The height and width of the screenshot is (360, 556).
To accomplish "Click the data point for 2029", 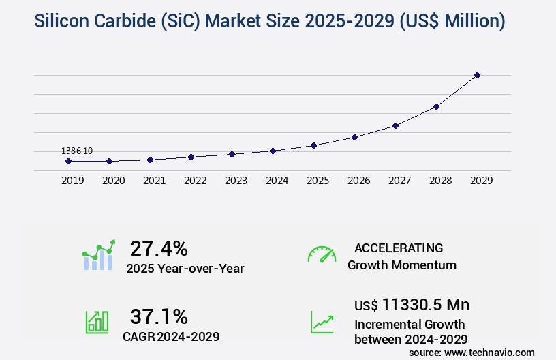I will (477, 75).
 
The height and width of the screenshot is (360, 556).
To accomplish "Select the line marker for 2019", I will (68, 161).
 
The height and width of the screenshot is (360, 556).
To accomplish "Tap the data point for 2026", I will (354, 137).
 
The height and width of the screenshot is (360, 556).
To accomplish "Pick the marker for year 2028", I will (436, 106).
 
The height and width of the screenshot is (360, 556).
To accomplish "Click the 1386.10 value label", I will (77, 151).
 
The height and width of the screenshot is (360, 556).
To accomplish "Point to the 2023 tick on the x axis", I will (236, 181).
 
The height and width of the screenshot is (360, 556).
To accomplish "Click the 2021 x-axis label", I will (154, 181).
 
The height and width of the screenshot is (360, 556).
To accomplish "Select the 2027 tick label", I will (399, 181).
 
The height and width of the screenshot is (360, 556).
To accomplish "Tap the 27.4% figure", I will (159, 248).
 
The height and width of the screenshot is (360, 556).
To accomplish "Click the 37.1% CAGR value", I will (159, 316).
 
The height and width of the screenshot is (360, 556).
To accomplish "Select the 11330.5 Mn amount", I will (426, 304).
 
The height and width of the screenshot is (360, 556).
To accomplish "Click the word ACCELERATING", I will (399, 248).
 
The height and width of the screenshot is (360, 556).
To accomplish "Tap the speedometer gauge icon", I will (322, 254).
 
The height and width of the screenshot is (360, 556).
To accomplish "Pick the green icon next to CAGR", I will (97, 322).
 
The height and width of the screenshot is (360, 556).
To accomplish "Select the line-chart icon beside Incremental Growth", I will (322, 322).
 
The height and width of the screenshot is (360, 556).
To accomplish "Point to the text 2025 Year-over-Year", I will (185, 269).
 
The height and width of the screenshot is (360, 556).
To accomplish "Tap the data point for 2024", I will (273, 151).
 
